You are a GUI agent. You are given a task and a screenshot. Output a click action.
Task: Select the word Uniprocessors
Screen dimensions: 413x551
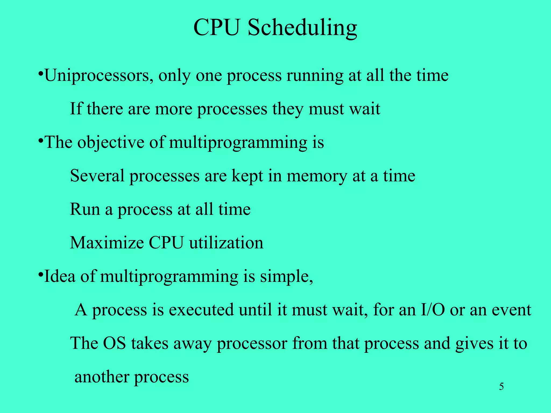pos(99,76)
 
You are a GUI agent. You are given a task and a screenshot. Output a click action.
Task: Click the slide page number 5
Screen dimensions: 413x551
pos(501,387)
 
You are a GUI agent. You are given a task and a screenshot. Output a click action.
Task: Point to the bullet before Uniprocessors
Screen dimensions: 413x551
pos(40,73)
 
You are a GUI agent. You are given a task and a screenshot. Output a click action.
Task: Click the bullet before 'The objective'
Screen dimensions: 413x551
pos(40,140)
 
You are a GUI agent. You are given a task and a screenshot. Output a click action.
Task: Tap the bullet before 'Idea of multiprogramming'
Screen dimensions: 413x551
pos(40,275)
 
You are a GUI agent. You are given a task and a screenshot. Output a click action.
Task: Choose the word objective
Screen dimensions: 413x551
pos(111,143)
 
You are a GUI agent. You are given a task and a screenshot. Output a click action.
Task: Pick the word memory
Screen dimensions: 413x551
pos(317,176)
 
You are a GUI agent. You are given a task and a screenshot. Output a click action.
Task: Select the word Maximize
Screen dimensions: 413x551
pos(107,243)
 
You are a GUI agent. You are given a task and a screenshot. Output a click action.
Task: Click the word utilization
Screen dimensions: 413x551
pos(226,243)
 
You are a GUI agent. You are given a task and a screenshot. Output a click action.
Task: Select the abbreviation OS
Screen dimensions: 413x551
pos(114,343)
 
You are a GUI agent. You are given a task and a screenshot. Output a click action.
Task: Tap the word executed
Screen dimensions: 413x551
pos(201,310)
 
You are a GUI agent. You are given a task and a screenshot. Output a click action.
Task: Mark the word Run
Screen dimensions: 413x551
pos(85,209)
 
